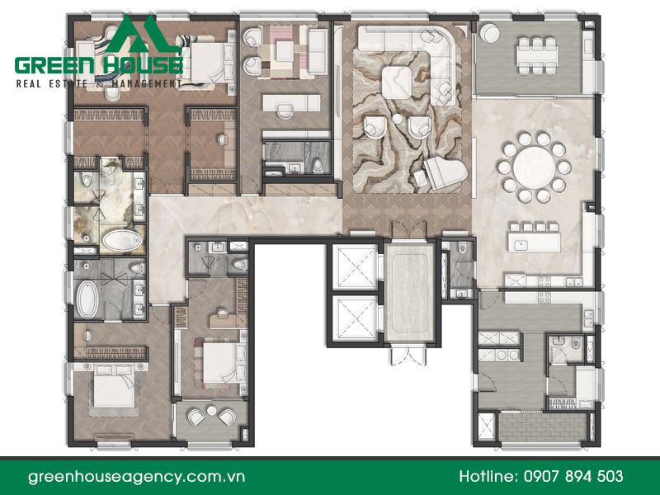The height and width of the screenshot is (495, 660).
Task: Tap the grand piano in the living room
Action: tap(445, 172)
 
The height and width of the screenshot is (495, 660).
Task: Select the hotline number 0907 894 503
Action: tap(573, 476)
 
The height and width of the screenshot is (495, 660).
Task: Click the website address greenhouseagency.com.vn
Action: tap(136, 477)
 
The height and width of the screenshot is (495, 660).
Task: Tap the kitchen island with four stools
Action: tap(534, 238)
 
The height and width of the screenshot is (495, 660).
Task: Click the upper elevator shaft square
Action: tap(355, 266)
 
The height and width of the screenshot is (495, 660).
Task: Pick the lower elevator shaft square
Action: tap(355, 318)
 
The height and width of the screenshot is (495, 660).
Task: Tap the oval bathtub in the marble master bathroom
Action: tap(122, 240)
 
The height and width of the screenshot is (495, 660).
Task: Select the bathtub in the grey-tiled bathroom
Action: tap(87, 299)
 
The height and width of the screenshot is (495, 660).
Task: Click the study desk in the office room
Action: tap(291, 103)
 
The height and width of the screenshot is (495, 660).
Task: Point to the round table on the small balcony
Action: tap(211, 410)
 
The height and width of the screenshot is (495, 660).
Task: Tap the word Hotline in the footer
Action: tap(488, 476)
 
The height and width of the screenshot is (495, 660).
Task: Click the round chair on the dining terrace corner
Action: tap(488, 33)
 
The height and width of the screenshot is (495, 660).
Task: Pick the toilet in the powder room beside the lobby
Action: tap(463, 248)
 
